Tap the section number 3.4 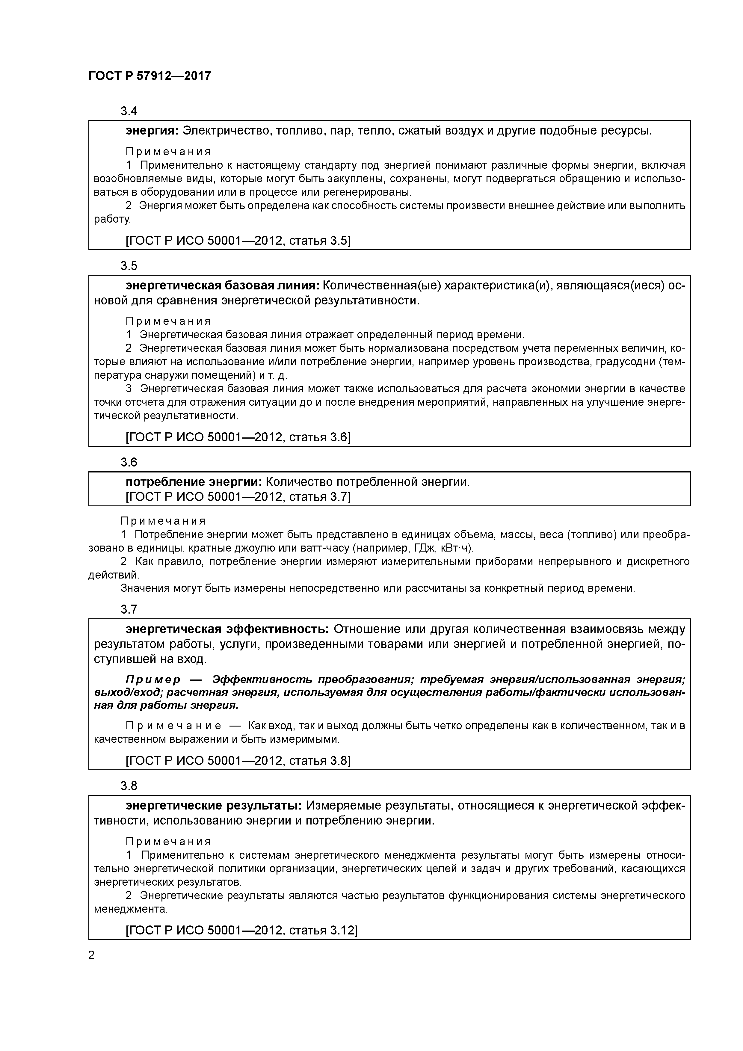129,111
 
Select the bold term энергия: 152,131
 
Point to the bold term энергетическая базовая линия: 223,286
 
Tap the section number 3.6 129,463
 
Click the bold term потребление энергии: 194,482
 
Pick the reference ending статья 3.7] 238,497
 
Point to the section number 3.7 129,609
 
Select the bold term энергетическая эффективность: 227,629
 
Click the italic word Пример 153,679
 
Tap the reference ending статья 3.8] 238,761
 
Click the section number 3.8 129,786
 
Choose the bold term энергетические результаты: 214,806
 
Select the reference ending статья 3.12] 241,930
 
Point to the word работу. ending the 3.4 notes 112,219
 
